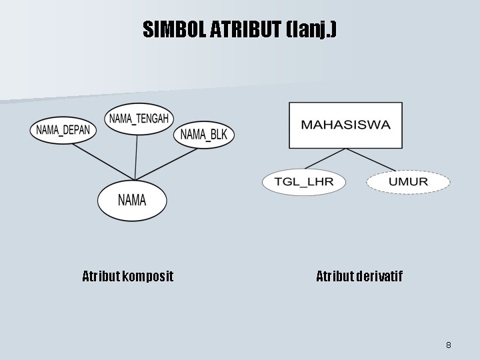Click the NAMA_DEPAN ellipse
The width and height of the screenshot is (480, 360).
[63, 129]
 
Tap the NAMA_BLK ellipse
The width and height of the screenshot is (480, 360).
[204, 135]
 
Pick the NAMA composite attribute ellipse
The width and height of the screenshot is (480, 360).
[132, 199]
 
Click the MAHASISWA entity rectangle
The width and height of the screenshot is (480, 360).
[345, 125]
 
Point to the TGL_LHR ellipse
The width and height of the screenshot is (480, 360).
[304, 182]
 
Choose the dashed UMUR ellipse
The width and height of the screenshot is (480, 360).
[408, 182]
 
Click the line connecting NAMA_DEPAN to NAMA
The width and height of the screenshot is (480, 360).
[100, 160]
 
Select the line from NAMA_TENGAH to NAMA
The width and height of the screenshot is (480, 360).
[137, 157]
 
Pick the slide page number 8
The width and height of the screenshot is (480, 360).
[449, 345]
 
